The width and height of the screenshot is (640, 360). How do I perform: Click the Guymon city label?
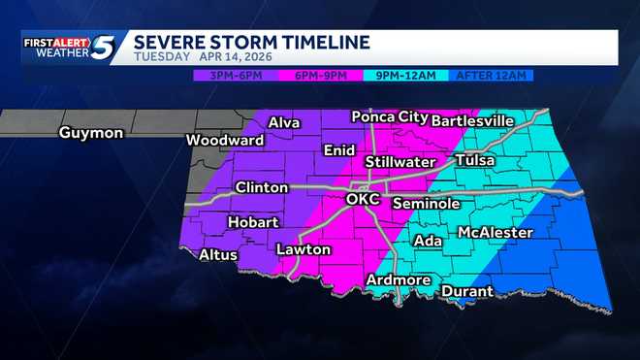pos(90,133)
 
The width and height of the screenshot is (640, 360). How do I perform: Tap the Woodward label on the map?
pos(225,140)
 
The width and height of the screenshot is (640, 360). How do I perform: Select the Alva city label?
pos(284,122)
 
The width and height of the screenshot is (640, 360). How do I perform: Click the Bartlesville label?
pos(472,120)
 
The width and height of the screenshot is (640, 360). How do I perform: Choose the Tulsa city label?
pos(475,159)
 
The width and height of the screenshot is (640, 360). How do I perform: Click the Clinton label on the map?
pos(261,187)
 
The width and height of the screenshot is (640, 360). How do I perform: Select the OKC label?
pos(363,199)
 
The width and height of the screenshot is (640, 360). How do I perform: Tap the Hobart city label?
pos(252,222)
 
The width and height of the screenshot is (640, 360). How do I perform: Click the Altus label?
pos(218,255)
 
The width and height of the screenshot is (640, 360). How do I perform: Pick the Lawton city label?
pos(304,249)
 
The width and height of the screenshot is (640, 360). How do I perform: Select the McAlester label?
pos(495,233)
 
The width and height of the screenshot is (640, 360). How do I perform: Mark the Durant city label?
pos(467,291)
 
